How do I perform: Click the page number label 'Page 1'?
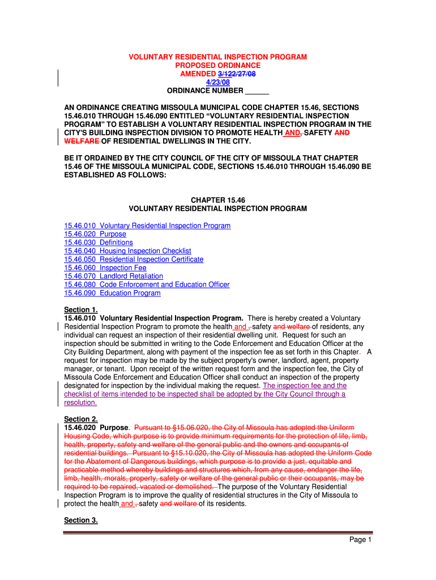pyautogui.click(x=360, y=540)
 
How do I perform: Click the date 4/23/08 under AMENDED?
pyautogui.click(x=218, y=82)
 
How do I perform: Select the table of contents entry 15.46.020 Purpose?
pyautogui.click(x=95, y=234)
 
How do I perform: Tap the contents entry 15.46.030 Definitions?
pyautogui.click(x=99, y=242)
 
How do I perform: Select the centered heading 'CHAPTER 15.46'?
pyautogui.click(x=218, y=201)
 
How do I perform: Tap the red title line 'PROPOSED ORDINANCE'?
pyautogui.click(x=218, y=66)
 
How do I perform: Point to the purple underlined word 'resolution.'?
pyautogui.click(x=80, y=403)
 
